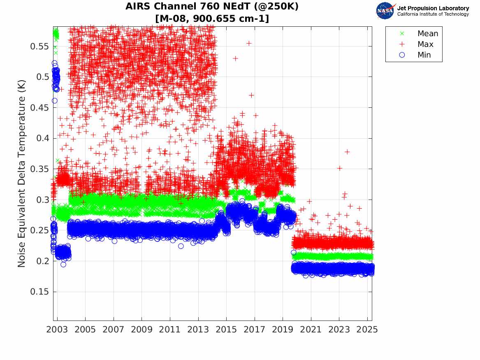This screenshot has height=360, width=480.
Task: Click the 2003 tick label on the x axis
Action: (57, 330)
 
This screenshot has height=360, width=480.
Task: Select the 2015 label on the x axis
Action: (226, 330)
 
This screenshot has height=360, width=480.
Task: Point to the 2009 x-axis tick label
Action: (142, 330)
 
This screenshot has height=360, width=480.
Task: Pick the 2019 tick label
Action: (283, 330)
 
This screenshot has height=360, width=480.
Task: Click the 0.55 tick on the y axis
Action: (39, 46)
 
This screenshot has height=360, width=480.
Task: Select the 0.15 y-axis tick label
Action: (39, 292)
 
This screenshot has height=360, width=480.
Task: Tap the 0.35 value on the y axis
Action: (39, 169)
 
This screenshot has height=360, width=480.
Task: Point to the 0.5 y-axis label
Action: (42, 77)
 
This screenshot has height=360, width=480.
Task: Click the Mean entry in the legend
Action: (428, 34)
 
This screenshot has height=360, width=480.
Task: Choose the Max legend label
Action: (425, 44)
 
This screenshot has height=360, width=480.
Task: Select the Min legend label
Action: (424, 55)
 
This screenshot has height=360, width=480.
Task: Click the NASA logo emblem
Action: (385, 11)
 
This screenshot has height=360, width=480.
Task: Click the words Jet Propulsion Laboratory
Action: (433, 8)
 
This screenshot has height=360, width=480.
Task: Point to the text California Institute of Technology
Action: (433, 14)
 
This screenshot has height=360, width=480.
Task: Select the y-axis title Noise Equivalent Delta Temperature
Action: (22, 173)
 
